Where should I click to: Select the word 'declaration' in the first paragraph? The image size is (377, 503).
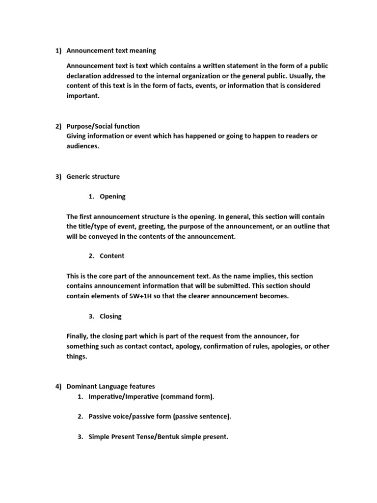click(x=85, y=76)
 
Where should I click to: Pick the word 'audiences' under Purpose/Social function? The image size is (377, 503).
click(x=82, y=146)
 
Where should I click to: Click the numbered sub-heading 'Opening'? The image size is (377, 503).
click(x=112, y=196)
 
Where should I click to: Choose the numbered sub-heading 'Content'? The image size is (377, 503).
click(x=112, y=256)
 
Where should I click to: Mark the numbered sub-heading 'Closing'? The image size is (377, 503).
click(x=110, y=316)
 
